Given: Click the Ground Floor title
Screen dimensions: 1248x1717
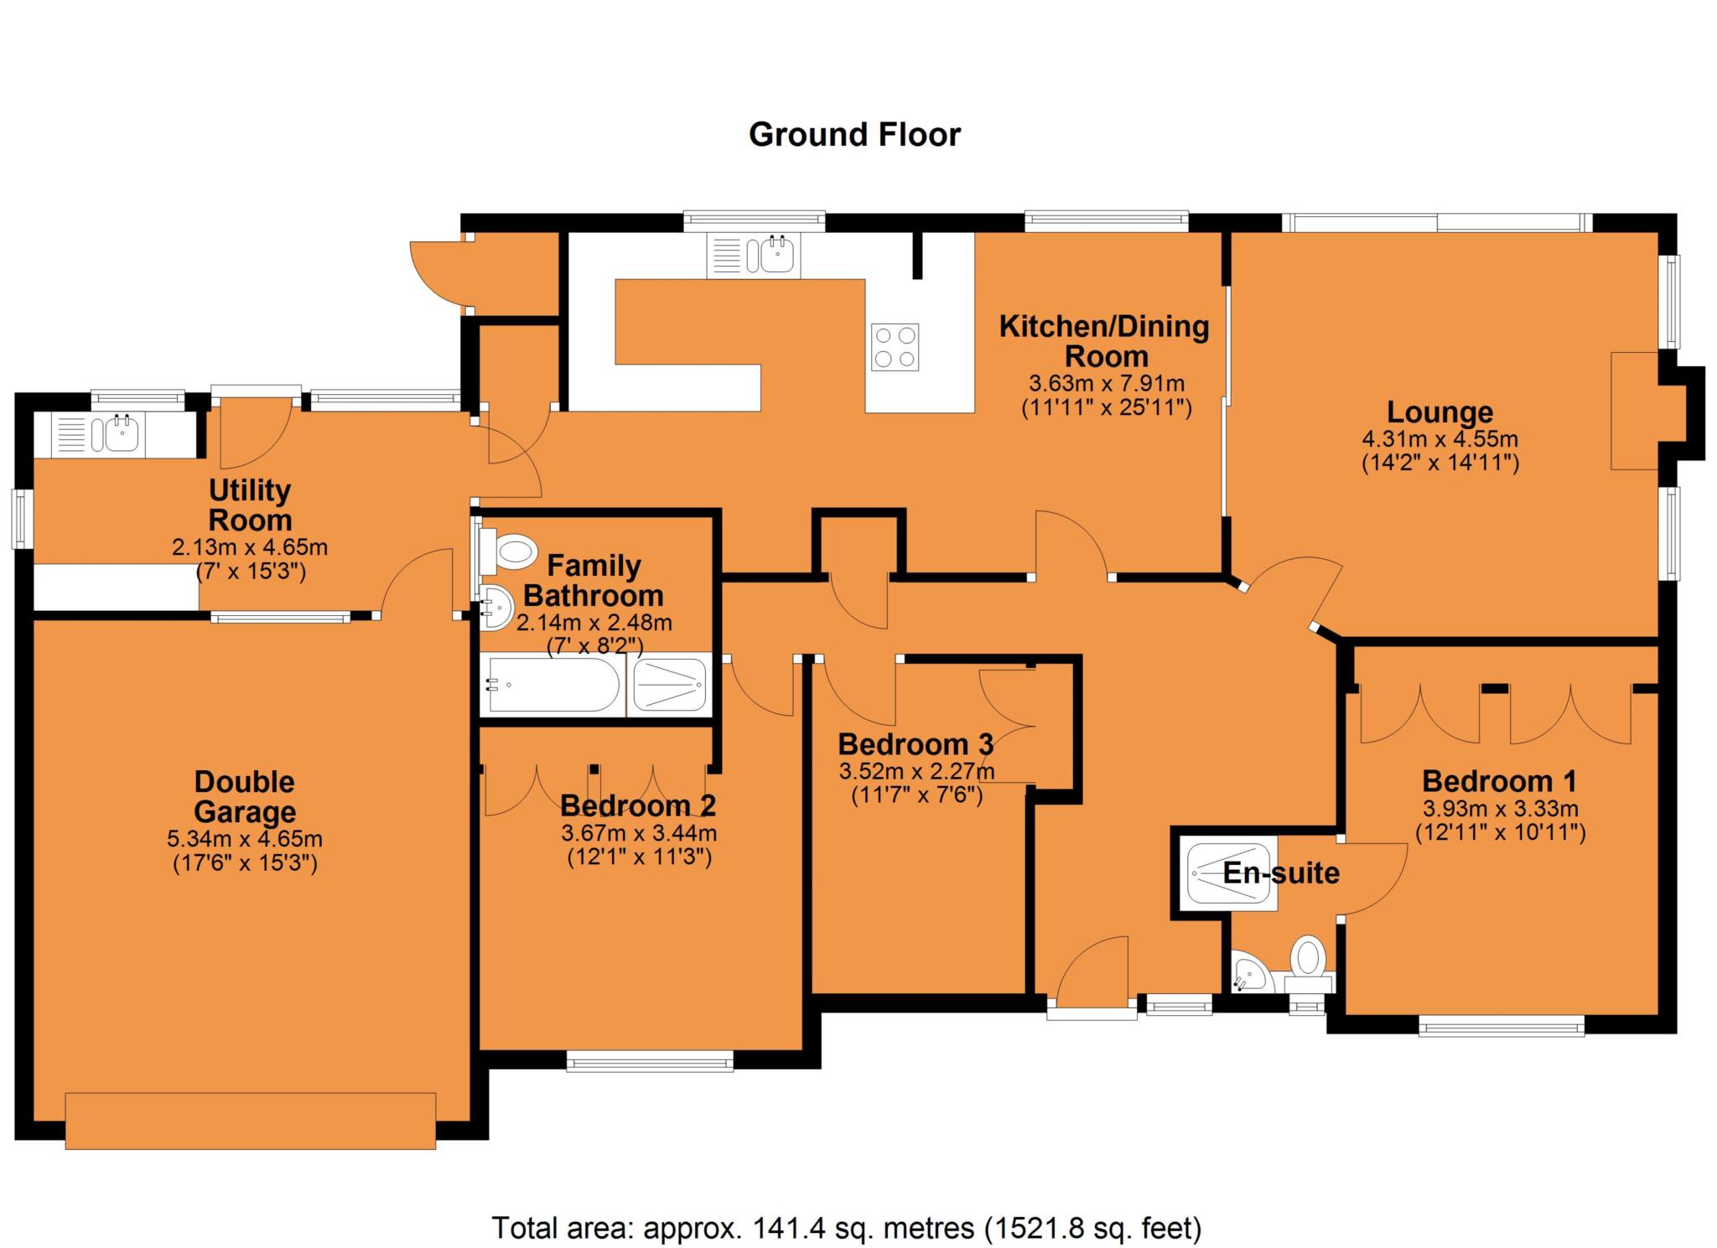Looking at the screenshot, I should (853, 134).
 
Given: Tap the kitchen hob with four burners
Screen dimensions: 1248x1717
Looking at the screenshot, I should (895, 347).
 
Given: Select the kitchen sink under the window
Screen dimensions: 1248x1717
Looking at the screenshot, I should (778, 255).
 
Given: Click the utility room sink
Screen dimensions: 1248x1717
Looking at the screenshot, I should (122, 435).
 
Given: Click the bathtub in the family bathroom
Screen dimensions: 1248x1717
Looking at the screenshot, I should (553, 685).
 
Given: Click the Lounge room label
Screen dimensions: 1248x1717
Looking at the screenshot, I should (1439, 412).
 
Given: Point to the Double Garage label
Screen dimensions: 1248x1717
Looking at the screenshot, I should (244, 796).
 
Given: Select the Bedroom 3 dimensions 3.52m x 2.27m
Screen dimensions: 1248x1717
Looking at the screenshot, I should (916, 770).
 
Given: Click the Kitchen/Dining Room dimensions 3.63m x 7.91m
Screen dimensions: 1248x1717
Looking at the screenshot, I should (1106, 384).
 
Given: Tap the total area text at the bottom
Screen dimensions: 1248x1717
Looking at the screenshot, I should (846, 1227).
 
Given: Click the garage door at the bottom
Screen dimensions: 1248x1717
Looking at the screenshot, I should (250, 1120).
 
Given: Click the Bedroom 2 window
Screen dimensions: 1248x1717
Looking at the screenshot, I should (650, 1062).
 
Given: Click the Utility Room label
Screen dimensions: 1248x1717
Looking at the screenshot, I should (250, 505).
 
